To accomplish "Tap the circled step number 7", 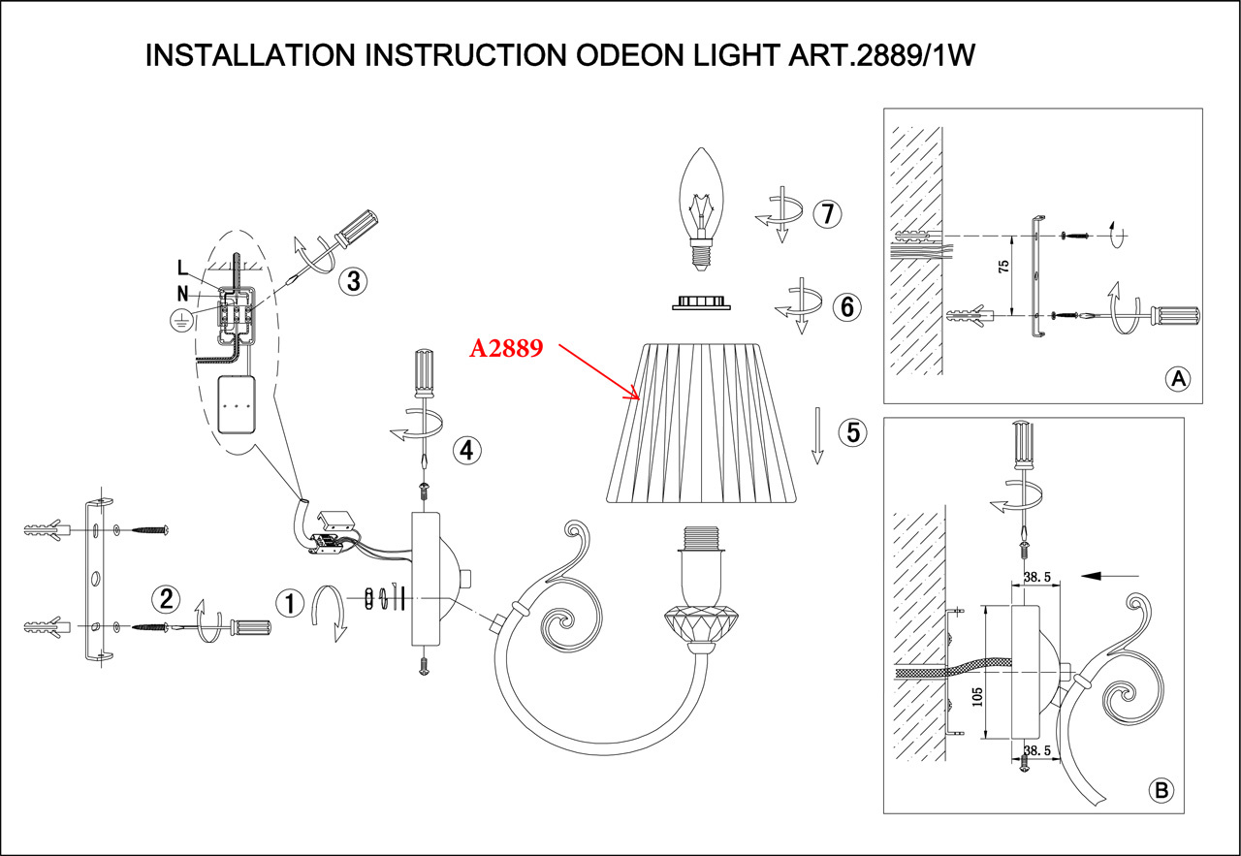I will [x=826, y=214].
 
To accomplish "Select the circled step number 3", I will [x=353, y=282].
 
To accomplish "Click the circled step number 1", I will [x=288, y=603].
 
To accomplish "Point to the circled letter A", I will [x=1178, y=379].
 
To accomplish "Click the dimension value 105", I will [x=977, y=699].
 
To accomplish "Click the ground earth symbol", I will [x=178, y=323].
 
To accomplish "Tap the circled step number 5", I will [x=853, y=432].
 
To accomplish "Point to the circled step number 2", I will [x=166, y=598].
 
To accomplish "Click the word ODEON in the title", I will [x=633, y=55].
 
